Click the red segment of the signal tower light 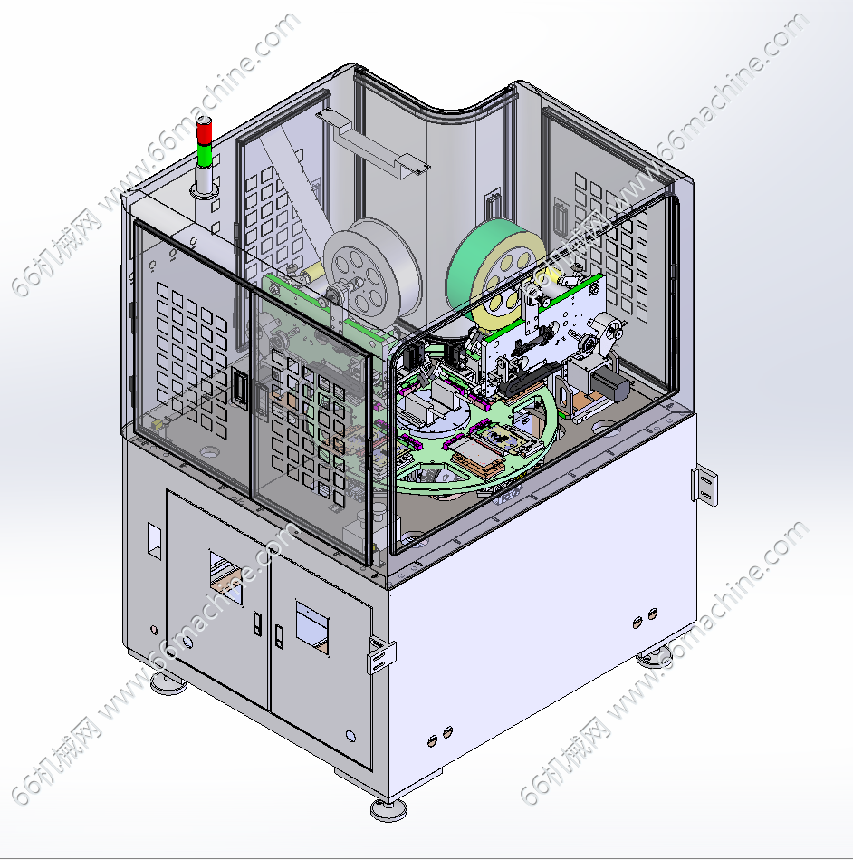205,132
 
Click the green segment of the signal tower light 205,155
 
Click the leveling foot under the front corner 388,809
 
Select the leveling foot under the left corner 168,683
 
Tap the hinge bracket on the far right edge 704,486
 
